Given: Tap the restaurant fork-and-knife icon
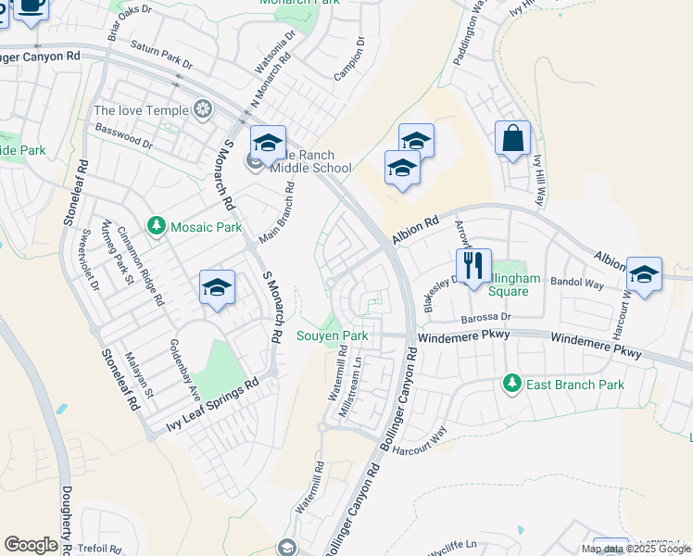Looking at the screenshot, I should pyautogui.click(x=473, y=265).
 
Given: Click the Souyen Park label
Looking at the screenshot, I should pyautogui.click(x=333, y=335).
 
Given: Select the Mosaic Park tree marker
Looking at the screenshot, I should pyautogui.click(x=157, y=226).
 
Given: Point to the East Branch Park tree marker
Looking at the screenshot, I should pyautogui.click(x=510, y=383).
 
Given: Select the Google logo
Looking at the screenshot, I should pyautogui.click(x=31, y=545).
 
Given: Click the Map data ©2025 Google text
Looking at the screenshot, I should pyautogui.click(x=636, y=549).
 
